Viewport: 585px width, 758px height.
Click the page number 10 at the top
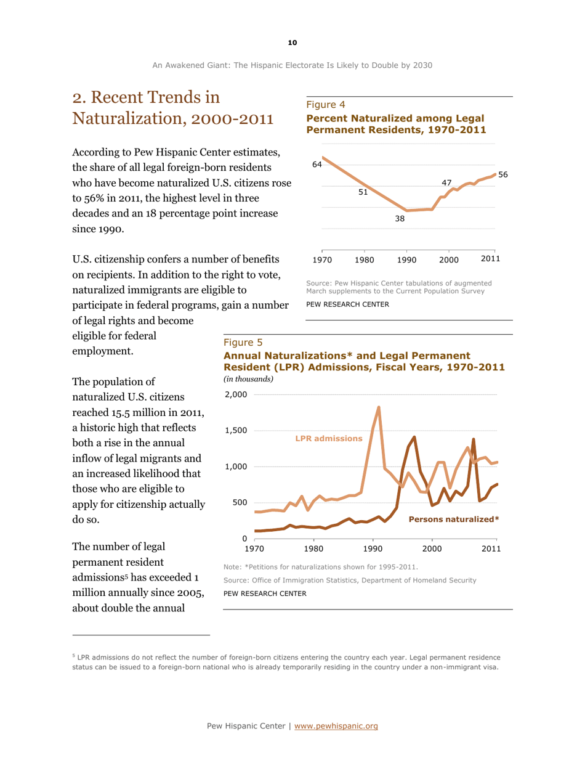pyautogui.click(x=292, y=42)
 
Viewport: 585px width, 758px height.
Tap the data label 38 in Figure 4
pyautogui.click(x=400, y=219)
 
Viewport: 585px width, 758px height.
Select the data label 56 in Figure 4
pyautogui.click(x=503, y=175)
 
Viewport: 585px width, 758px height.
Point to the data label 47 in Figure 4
pyautogui.click(x=447, y=183)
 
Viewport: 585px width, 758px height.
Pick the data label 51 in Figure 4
pyautogui.click(x=364, y=192)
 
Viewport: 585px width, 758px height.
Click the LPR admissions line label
pyautogui.click(x=329, y=438)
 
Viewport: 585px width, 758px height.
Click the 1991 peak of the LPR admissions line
pyautogui.click(x=379, y=407)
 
